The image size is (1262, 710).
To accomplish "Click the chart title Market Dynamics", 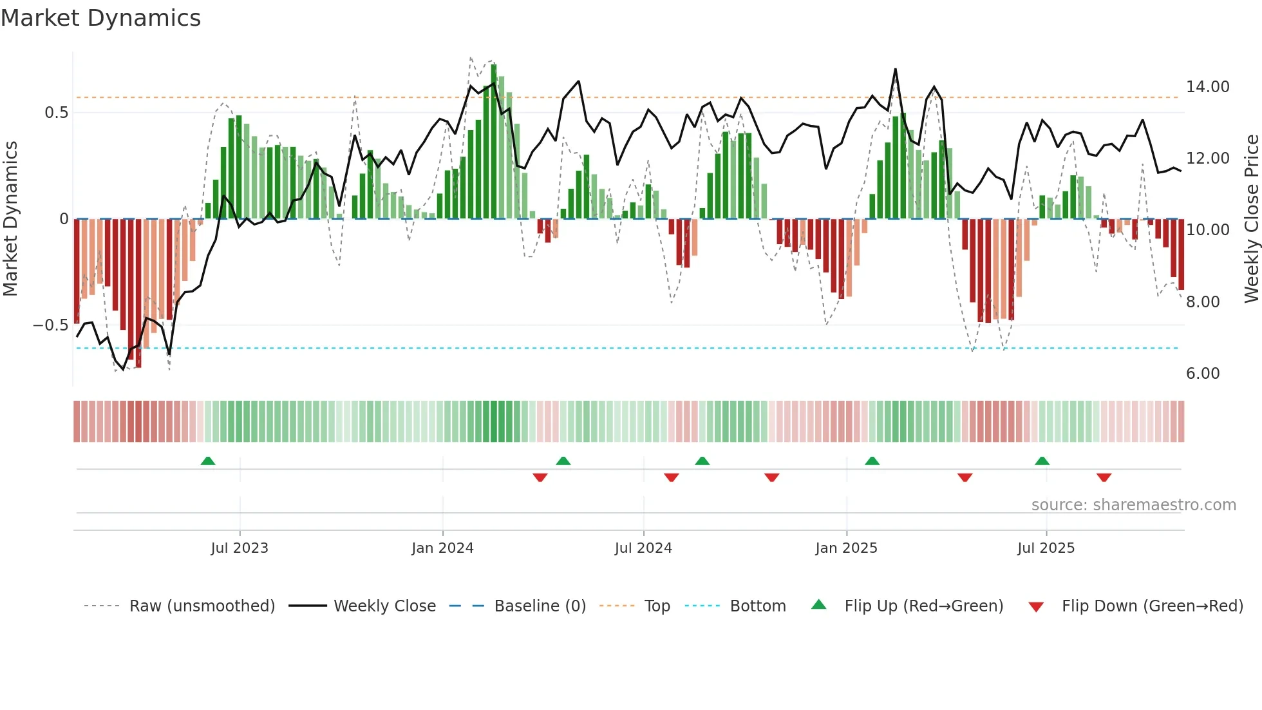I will [101, 18].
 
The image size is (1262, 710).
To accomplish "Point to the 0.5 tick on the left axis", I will [56, 113].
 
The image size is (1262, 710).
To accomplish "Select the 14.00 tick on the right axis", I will [1207, 87].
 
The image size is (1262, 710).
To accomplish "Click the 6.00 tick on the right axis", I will [1202, 374].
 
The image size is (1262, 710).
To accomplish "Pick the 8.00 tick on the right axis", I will [1202, 302].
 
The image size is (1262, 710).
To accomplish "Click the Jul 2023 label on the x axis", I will [240, 548].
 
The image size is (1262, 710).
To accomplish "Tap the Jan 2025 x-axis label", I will [846, 548].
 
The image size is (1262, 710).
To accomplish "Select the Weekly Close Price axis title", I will [1251, 219].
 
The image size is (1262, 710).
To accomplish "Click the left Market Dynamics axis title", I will [10, 219].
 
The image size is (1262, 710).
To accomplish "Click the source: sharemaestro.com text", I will [1133, 505].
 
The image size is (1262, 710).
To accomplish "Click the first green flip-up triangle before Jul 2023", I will [208, 461].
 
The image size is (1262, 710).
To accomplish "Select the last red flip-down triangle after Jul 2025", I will [1104, 477].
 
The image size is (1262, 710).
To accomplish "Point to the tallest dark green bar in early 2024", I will [494, 142].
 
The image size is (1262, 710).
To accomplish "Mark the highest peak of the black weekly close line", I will [895, 70].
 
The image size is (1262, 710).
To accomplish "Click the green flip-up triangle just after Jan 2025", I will [872, 461].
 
